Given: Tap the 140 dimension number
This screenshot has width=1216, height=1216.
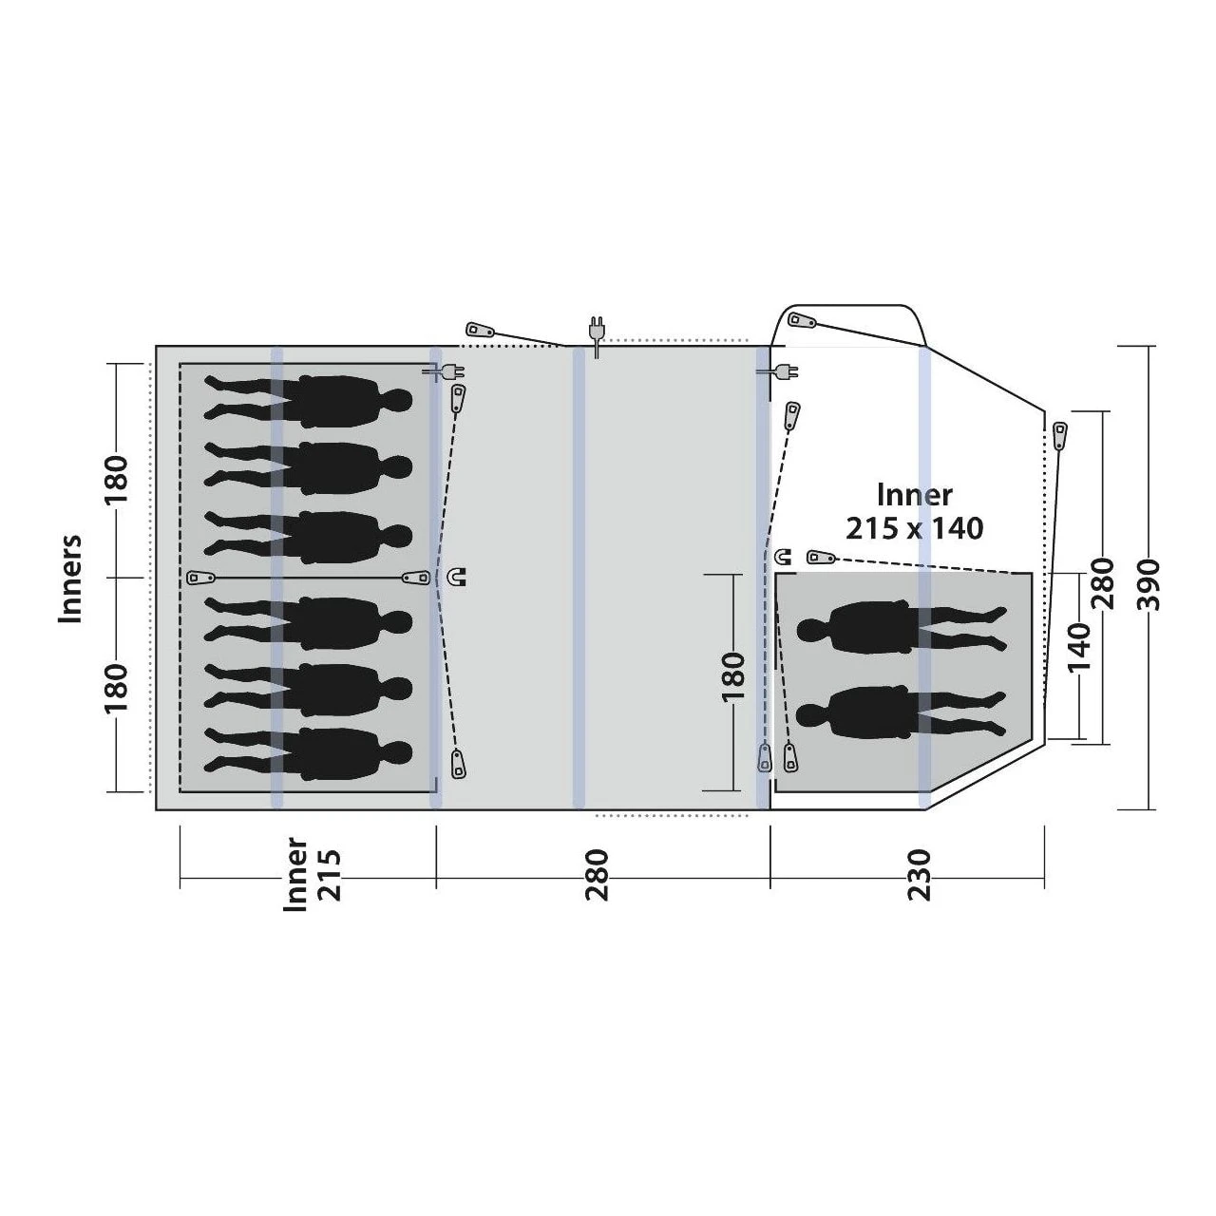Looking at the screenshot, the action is tap(1080, 648).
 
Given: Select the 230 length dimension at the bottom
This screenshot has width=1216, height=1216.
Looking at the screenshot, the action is tap(918, 875).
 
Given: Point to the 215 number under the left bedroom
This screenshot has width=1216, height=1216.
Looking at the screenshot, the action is tap(330, 875).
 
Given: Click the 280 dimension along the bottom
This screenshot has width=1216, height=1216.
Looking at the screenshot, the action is tap(597, 875).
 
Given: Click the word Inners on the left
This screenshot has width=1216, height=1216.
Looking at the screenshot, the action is tap(70, 579).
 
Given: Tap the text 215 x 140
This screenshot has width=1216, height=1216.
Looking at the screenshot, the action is tap(914, 528).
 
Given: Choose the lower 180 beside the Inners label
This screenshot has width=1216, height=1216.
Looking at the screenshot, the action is tap(117, 687).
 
